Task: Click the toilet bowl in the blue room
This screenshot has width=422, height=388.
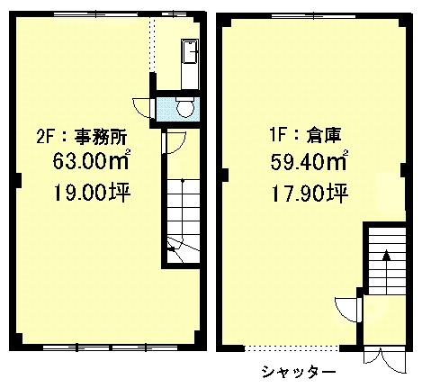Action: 184,108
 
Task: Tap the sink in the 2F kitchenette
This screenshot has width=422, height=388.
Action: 190,51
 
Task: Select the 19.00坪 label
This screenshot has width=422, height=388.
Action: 92,192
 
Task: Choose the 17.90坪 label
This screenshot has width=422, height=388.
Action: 310,193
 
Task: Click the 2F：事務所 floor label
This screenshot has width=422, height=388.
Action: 82,137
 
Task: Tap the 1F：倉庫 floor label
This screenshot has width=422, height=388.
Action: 305,135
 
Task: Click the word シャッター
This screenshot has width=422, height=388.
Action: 299,372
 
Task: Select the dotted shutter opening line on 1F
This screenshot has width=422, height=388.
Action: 292,348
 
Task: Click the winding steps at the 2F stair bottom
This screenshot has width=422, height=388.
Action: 183,249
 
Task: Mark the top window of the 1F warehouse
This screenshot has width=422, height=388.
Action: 313,15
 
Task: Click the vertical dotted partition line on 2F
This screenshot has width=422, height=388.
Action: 153,44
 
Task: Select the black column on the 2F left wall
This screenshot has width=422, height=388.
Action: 19,180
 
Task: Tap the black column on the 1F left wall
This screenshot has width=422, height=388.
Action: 226,175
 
